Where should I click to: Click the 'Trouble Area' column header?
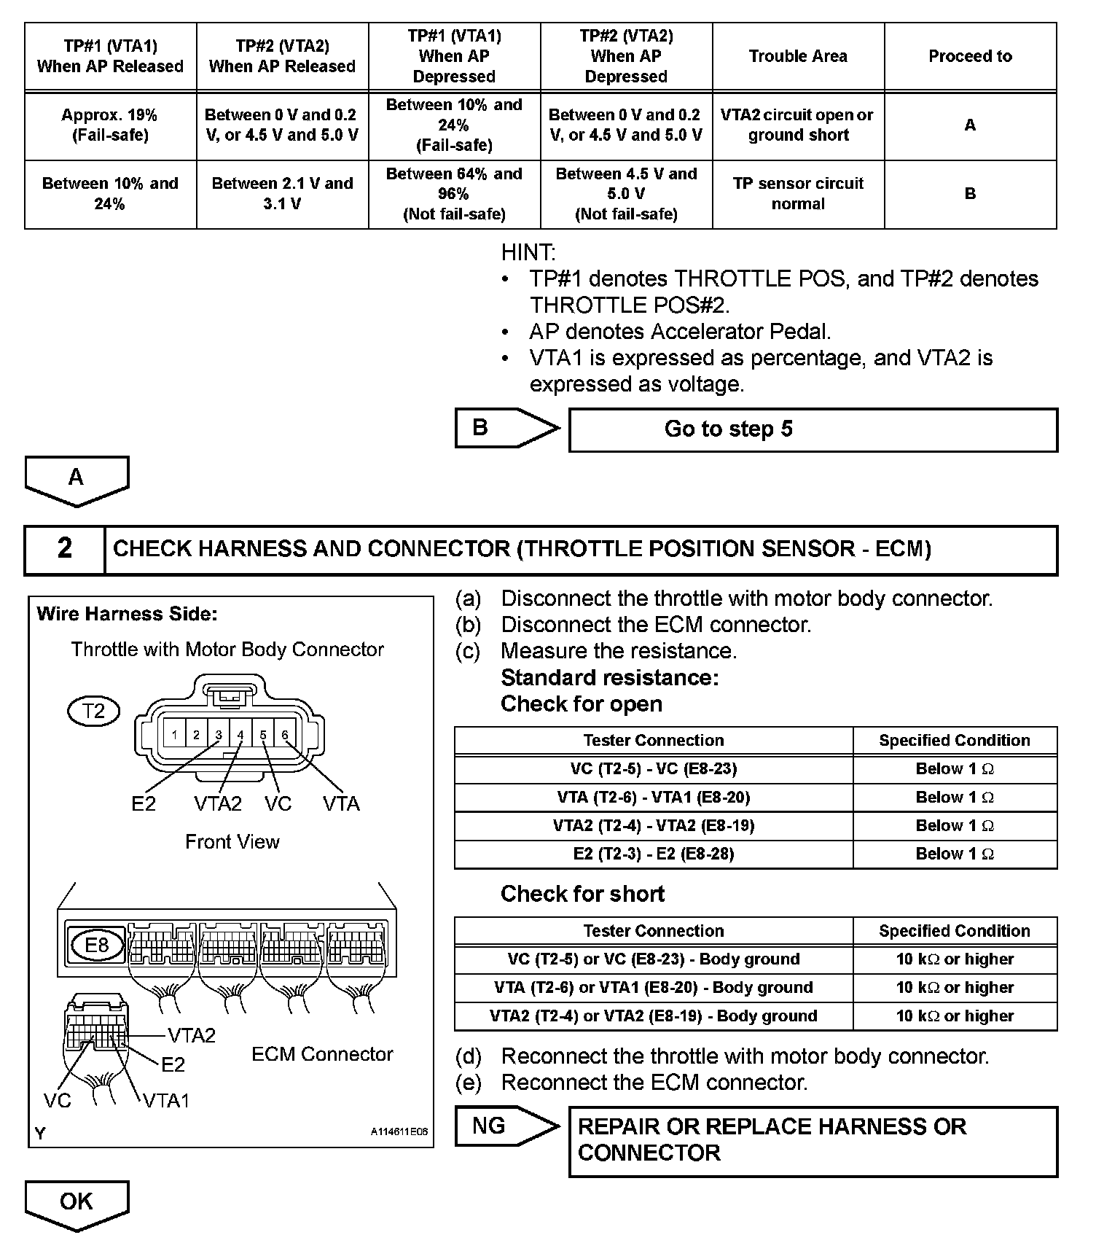(x=798, y=56)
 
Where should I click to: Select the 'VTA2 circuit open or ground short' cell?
(x=798, y=125)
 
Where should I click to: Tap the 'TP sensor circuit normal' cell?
(x=798, y=193)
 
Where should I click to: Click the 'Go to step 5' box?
(x=812, y=429)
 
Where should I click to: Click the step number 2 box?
(x=65, y=548)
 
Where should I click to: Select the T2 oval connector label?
(x=93, y=711)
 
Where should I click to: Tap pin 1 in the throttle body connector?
(x=174, y=735)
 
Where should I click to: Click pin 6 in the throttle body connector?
(x=285, y=735)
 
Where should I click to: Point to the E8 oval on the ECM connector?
(x=96, y=946)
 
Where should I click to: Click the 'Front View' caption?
(x=232, y=842)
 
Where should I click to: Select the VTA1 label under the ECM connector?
(x=166, y=1100)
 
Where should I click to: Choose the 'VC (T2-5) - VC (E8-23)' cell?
(x=653, y=769)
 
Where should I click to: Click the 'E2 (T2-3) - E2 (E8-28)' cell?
(x=653, y=854)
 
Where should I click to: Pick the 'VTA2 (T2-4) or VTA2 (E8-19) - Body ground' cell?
(x=653, y=1016)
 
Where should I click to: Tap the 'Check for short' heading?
(x=582, y=894)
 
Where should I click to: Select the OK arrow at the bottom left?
(x=77, y=1203)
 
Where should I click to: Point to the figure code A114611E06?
(x=399, y=1132)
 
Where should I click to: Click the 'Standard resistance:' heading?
(x=610, y=678)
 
